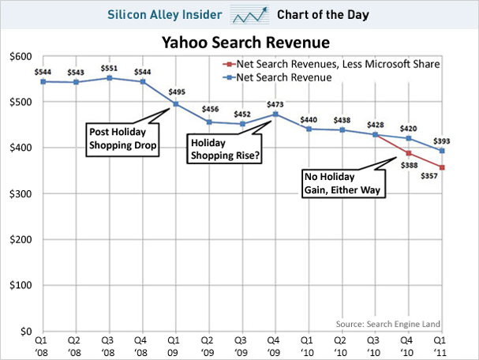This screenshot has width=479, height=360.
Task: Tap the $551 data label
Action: tap(110, 67)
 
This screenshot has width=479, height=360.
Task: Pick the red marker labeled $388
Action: tap(408, 153)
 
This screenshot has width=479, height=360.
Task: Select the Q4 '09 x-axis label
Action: tap(272, 344)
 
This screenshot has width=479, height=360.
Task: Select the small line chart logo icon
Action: tap(248, 15)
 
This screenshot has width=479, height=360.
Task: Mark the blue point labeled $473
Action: tap(273, 114)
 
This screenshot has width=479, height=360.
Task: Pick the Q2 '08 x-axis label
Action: tap(75, 344)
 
